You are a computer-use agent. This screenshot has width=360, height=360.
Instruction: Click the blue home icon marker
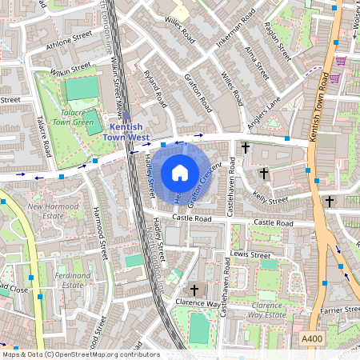pos(180,172)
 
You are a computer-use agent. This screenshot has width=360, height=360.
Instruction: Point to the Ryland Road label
pos(153,89)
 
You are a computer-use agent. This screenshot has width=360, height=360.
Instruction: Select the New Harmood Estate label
pos(57,211)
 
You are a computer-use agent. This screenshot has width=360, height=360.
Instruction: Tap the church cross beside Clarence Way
pos(194,290)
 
